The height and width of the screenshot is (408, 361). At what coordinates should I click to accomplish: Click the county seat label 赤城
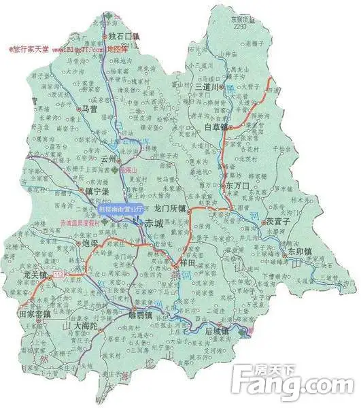(x=154, y=222)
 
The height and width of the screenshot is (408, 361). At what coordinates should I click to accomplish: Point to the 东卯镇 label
(x=299, y=251)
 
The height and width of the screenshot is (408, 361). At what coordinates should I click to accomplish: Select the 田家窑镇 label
(x=35, y=315)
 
